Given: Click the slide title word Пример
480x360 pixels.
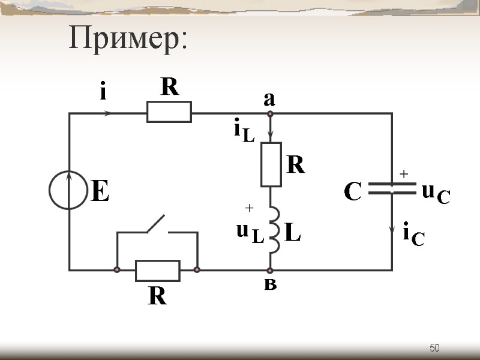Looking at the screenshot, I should [128, 39].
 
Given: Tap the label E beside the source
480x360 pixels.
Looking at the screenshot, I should [100, 193].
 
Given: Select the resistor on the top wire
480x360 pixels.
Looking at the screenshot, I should [169, 112].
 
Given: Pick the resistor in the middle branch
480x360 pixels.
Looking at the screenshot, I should [271, 164].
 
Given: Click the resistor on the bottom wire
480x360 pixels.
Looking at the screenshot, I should [157, 271].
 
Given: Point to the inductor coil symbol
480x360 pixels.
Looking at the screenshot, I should [272, 230].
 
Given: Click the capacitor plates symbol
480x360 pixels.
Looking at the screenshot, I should [392, 189].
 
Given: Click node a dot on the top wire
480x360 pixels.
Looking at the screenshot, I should [270, 113].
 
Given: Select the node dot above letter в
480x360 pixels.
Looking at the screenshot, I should [270, 271].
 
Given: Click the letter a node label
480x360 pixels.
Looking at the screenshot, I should [269, 100].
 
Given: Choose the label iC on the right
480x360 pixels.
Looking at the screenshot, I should [413, 235].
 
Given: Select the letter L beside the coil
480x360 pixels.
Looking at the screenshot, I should [292, 233].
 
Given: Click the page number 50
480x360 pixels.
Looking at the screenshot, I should [435, 348].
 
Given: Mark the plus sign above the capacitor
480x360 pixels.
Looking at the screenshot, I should [404, 173].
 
